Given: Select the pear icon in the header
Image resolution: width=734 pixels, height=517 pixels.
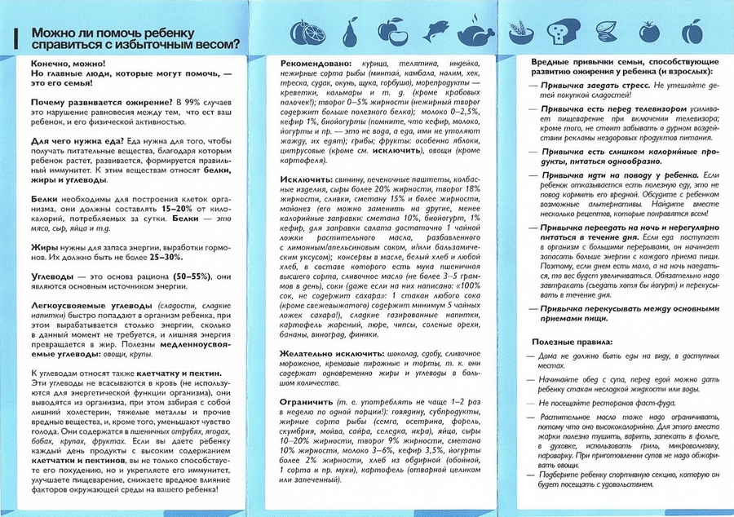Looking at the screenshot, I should tap(350, 32).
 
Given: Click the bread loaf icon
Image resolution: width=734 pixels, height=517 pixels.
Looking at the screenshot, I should tap(561, 32).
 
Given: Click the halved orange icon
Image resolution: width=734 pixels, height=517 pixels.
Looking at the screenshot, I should tap(308, 32).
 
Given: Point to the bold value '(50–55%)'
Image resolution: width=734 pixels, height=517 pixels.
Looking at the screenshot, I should tap(187, 276).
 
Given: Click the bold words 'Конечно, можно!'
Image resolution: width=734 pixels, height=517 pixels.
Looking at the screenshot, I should tap(64, 63).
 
